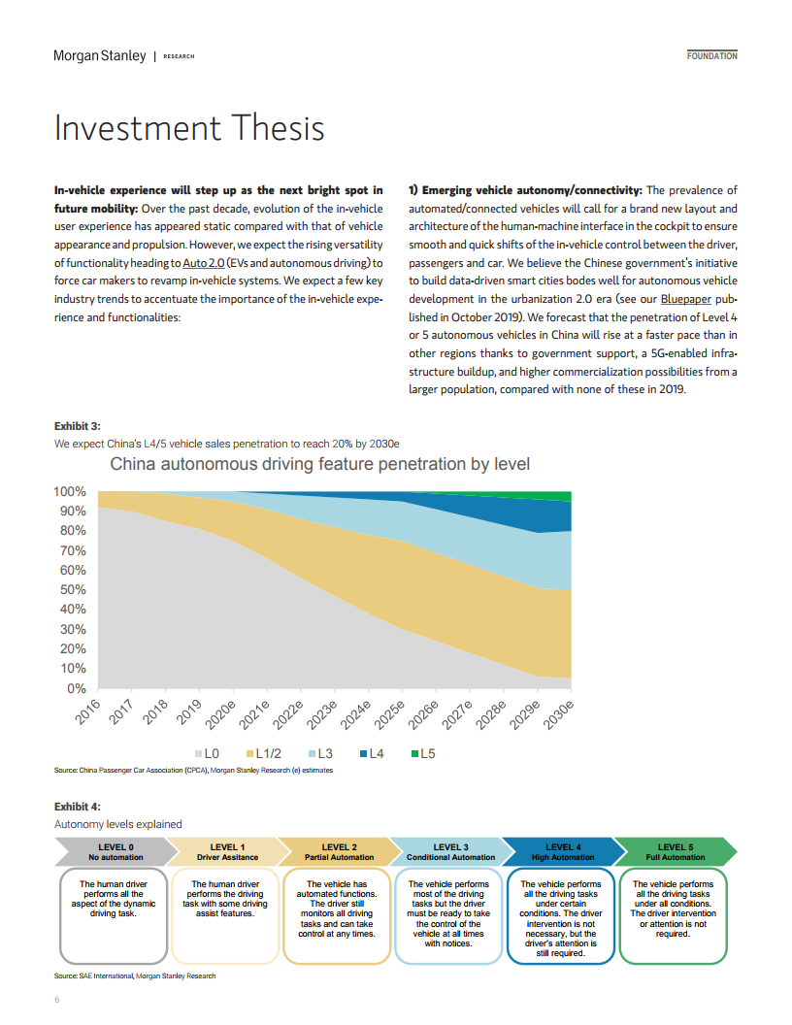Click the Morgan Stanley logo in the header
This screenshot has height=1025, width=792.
click(100, 56)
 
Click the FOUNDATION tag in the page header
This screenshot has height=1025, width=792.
click(712, 56)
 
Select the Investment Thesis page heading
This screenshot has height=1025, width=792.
click(189, 127)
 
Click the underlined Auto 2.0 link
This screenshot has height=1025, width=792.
click(203, 263)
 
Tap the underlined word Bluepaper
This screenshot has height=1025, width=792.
click(685, 299)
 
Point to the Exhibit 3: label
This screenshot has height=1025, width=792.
click(77, 426)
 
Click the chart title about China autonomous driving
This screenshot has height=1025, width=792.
click(319, 464)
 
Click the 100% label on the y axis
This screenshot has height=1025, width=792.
click(70, 491)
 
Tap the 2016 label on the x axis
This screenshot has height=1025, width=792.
click(87, 711)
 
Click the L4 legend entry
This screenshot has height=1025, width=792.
click(372, 754)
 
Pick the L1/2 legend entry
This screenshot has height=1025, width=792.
click(263, 754)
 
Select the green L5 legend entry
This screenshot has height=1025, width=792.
click(423, 754)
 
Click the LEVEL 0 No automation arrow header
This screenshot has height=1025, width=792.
click(115, 852)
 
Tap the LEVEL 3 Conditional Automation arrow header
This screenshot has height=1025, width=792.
click(451, 852)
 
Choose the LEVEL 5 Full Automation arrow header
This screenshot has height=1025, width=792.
click(675, 852)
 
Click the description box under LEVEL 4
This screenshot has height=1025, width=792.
click(561, 916)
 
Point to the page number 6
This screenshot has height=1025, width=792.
click(57, 1000)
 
